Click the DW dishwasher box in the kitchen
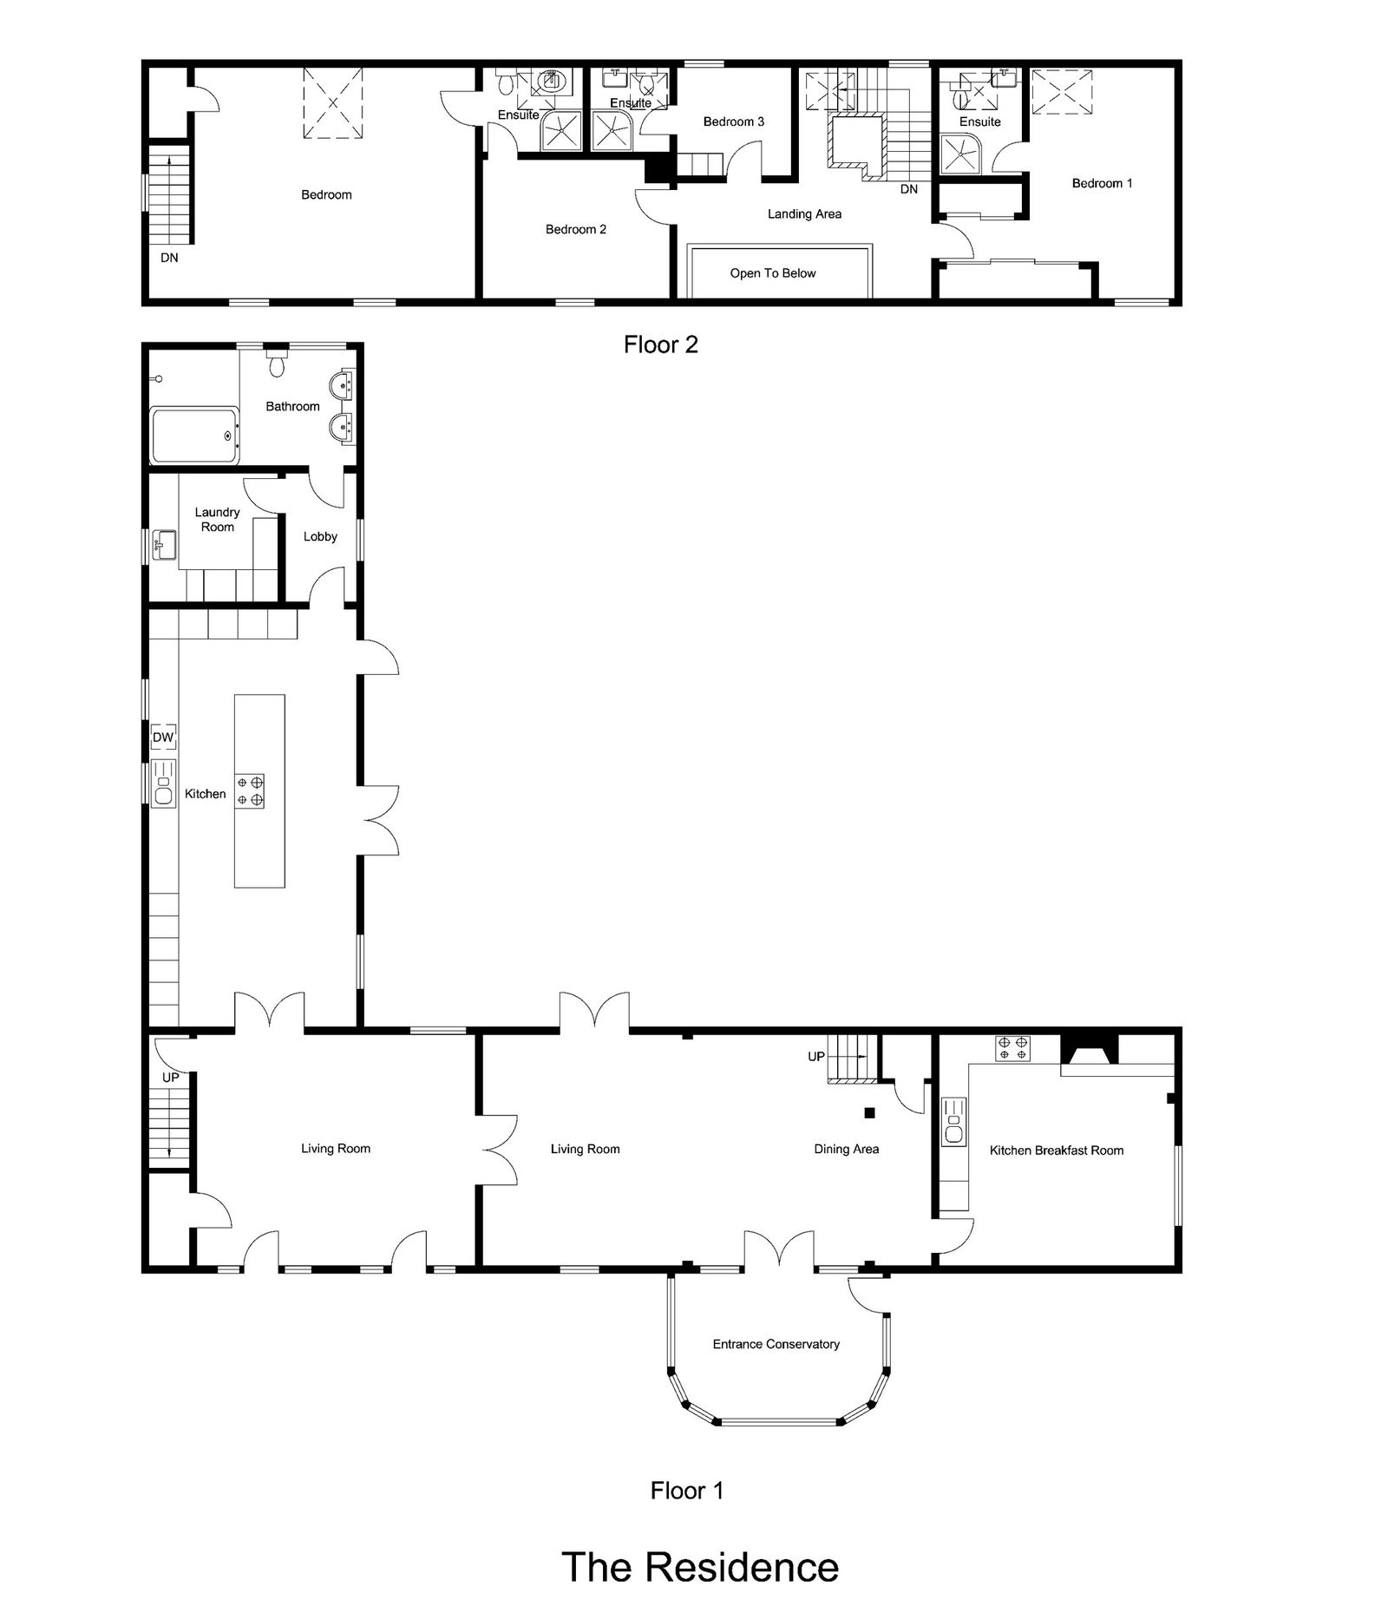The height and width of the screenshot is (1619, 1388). (163, 737)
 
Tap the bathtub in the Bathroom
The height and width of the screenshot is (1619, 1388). (194, 436)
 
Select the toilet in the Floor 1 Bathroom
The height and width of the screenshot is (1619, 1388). (278, 364)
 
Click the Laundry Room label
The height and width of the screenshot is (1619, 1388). (217, 520)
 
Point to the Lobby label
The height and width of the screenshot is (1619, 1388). (320, 537)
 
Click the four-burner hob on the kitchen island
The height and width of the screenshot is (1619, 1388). (249, 791)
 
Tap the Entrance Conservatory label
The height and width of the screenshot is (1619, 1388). (776, 1344)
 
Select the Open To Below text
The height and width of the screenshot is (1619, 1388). (773, 273)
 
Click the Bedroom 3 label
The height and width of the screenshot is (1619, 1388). (734, 121)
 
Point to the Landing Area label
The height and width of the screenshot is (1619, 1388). (804, 214)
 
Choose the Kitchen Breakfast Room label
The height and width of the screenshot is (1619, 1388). (1057, 1150)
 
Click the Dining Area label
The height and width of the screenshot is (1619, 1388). (847, 1149)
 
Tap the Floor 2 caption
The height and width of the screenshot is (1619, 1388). (661, 344)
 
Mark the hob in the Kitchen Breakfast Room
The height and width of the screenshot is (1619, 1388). (1013, 1047)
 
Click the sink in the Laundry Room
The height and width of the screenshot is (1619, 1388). (164, 546)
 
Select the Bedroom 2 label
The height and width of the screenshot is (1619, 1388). (576, 229)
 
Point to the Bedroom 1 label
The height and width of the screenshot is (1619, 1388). (1102, 183)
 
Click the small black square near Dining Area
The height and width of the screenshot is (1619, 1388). (869, 1113)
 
